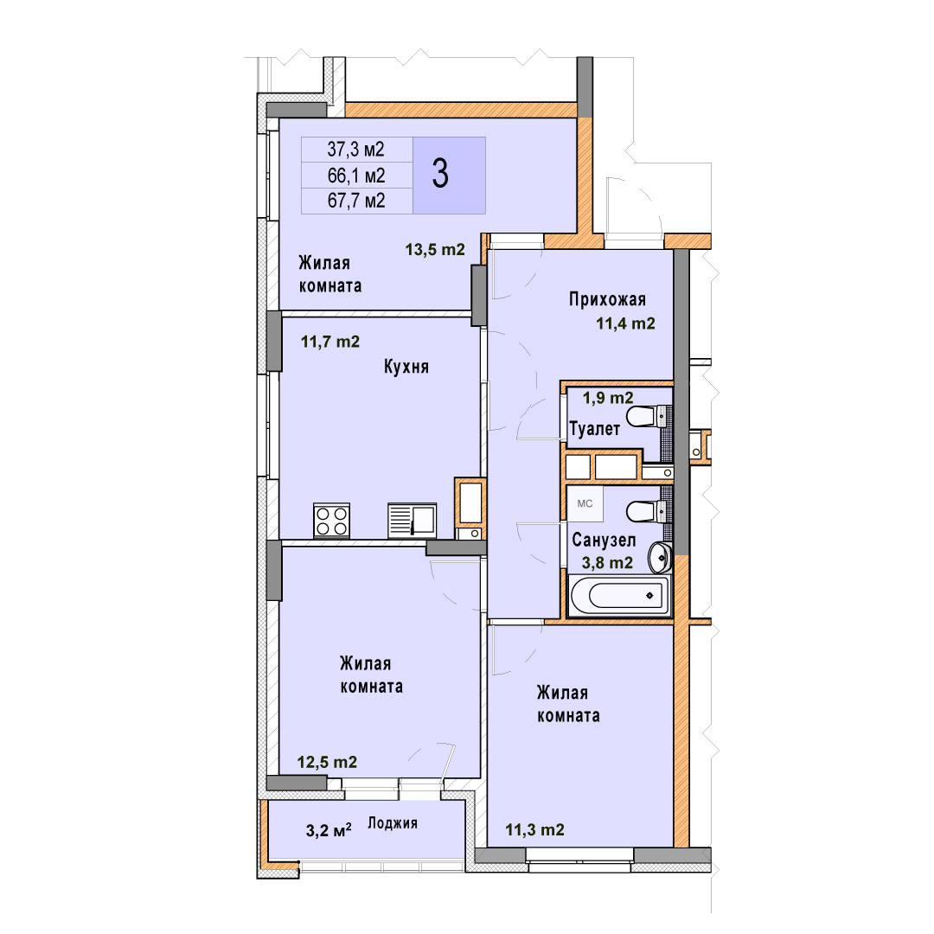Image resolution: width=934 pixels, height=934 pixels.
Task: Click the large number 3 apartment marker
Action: click(440, 174)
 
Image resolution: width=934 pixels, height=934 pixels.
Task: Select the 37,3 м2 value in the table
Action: click(355, 149)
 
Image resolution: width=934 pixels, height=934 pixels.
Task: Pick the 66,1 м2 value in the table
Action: click(356, 175)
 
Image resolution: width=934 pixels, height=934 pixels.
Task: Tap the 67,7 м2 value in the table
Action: click(356, 201)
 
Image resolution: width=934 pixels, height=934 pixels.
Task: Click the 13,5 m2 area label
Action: click(435, 250)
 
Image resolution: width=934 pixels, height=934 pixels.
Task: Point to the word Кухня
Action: click(406, 367)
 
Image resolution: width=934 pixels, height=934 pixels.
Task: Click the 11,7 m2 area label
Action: click(330, 342)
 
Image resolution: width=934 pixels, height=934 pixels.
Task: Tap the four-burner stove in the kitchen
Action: click(332, 521)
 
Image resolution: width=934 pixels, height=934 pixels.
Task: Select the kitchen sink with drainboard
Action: click(413, 521)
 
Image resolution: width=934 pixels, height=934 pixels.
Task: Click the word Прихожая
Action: click(607, 299)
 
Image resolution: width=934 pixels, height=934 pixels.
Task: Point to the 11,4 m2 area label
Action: click(625, 323)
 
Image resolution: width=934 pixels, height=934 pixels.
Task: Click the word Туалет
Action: click(594, 428)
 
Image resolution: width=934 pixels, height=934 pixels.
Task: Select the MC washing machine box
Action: click(585, 504)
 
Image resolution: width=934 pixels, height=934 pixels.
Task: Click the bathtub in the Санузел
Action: click(619, 595)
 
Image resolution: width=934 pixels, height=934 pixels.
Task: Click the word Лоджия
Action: click(392, 823)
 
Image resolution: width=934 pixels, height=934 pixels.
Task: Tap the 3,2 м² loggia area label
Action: click(329, 829)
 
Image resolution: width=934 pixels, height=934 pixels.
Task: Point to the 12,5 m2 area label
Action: click(327, 762)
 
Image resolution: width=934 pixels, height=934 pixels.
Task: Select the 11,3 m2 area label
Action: click(535, 829)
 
